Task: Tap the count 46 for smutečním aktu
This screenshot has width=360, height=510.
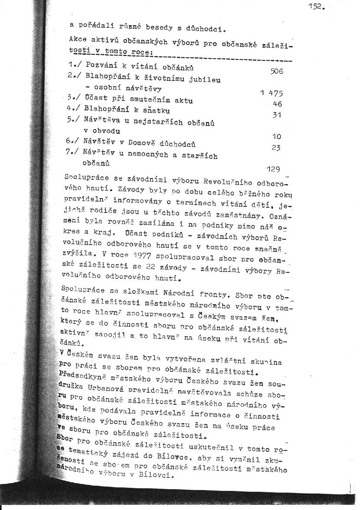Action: click(x=277, y=104)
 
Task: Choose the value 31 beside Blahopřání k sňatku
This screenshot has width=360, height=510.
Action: click(x=277, y=115)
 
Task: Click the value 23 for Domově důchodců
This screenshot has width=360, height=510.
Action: click(x=276, y=148)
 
